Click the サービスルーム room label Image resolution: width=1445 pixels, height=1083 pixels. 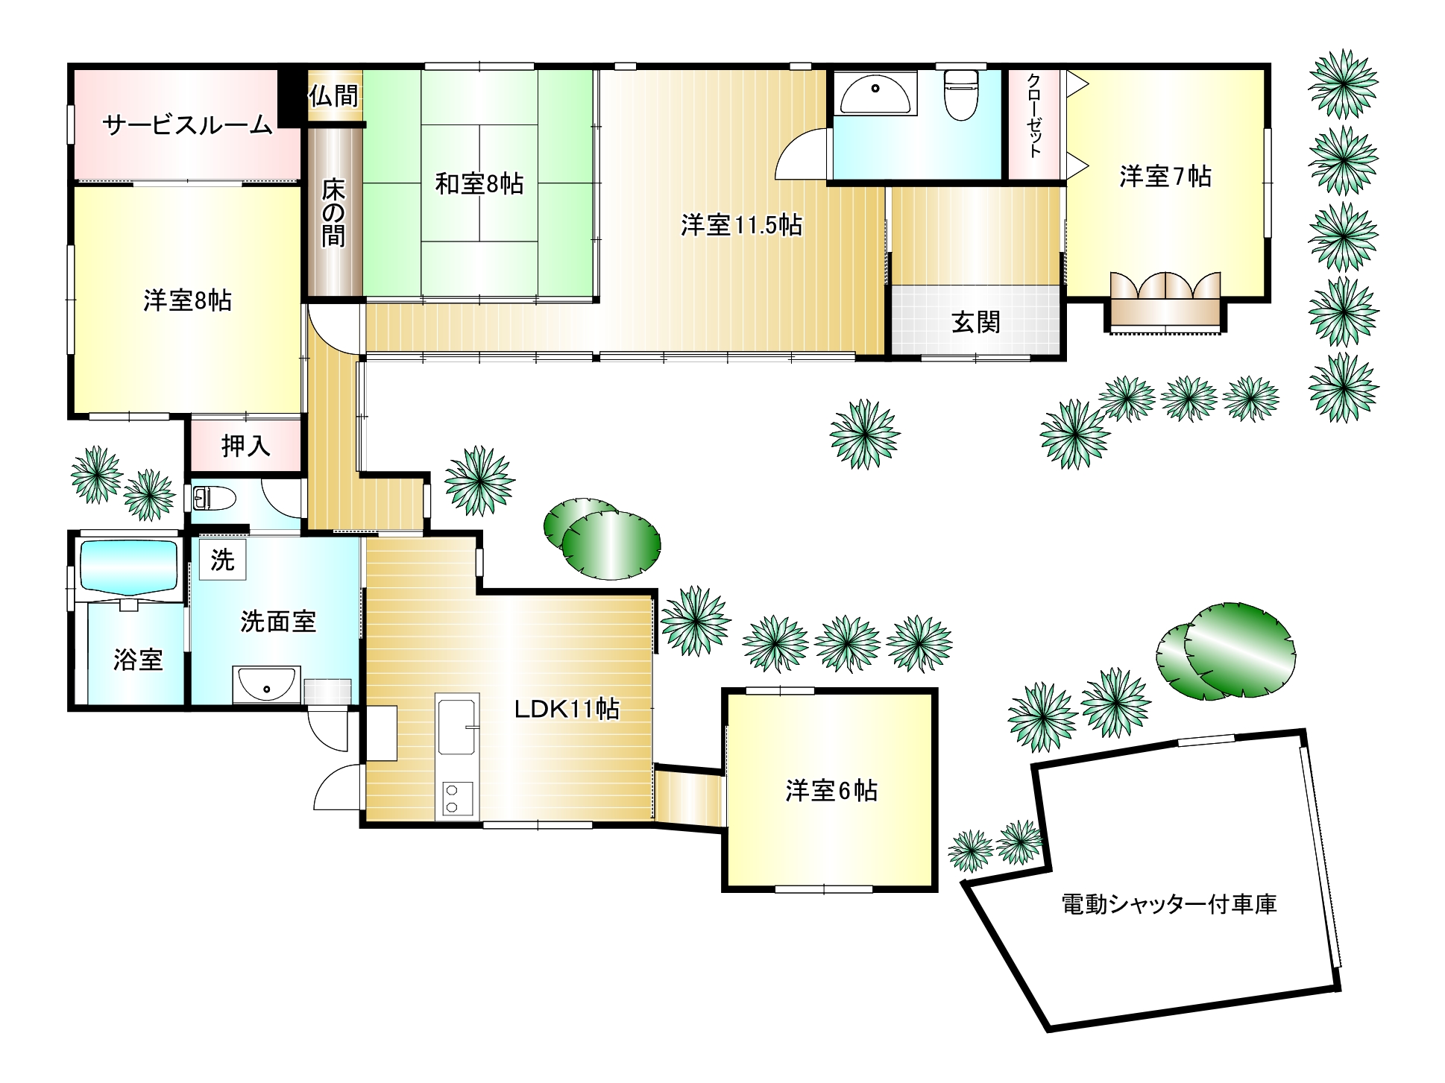[187, 124]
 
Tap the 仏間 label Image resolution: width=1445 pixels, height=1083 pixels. [333, 95]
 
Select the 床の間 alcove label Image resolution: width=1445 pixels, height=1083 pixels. [333, 212]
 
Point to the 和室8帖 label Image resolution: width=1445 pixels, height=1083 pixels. [479, 183]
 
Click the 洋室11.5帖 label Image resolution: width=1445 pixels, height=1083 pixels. [741, 224]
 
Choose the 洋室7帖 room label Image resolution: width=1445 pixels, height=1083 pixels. [1165, 176]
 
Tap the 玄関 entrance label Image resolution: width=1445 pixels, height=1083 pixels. [976, 322]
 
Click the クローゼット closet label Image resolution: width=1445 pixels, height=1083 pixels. [1034, 116]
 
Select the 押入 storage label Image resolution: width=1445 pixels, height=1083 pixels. [245, 446]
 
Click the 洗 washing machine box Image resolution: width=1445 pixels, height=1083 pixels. [222, 560]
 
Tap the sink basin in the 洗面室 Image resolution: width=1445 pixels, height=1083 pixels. [266, 684]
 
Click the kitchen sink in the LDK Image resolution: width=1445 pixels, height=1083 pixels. [458, 727]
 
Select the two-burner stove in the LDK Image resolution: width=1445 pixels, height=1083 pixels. [458, 798]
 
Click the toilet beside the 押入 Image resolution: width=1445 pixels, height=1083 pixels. [214, 498]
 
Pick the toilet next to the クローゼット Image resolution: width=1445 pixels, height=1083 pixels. [961, 94]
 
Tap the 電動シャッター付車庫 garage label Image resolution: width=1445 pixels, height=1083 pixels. [1168, 904]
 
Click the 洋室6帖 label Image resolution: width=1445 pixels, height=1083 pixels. [831, 790]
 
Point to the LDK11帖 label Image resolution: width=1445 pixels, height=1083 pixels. [567, 709]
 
